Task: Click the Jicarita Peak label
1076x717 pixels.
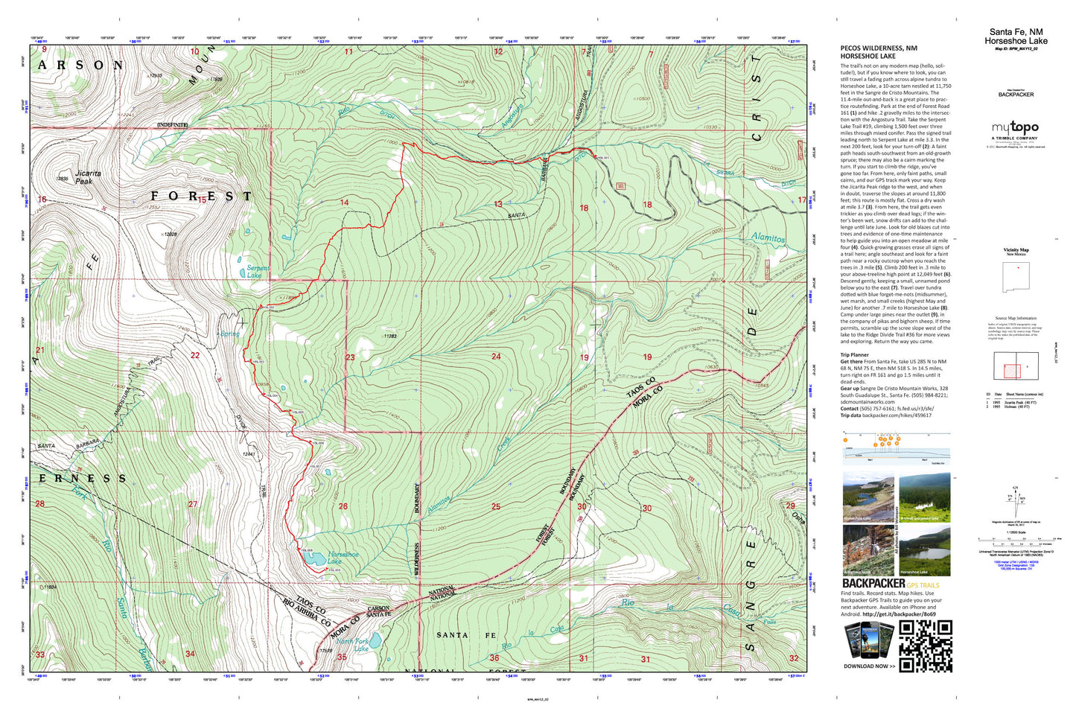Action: click(87, 177)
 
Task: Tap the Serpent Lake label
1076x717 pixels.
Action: click(257, 272)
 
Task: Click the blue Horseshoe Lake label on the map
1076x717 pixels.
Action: click(343, 558)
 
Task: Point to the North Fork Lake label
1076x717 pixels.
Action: click(353, 645)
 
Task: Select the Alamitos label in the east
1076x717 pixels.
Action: click(768, 238)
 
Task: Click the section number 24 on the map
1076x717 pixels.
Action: click(496, 357)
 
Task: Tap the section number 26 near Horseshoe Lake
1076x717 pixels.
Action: click(343, 506)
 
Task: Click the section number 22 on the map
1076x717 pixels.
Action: click(195, 355)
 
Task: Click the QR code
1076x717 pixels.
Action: click(926, 646)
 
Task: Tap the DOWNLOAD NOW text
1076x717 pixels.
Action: click(869, 666)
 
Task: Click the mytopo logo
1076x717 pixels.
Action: click(1014, 128)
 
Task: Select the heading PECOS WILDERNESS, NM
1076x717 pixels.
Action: click(879, 48)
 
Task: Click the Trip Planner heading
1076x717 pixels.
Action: click(854, 355)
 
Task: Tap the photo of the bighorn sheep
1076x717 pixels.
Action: click(868, 550)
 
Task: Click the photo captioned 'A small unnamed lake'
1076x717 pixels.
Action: click(924, 497)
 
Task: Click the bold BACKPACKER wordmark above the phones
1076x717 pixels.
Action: click(873, 584)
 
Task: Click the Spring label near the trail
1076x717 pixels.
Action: click(229, 334)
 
